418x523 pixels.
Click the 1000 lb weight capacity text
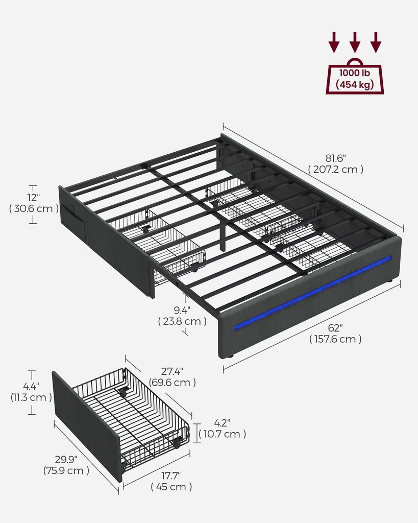[x=355, y=73]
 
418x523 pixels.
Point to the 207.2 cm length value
[x=336, y=170]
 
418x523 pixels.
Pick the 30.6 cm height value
[x=34, y=208]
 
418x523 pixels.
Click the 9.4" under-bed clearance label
[x=182, y=310]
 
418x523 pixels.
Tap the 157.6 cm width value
[x=335, y=339]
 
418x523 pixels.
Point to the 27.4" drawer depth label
[x=172, y=371]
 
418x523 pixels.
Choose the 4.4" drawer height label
[x=31, y=386]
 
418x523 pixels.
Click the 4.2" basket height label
[x=222, y=423]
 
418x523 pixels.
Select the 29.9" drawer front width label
[x=66, y=459]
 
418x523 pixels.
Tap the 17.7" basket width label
[x=171, y=476]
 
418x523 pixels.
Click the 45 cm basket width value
[x=171, y=487]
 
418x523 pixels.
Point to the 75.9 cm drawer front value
[x=66, y=470]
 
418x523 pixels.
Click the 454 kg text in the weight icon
[x=355, y=84]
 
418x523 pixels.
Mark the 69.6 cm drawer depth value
[x=173, y=383]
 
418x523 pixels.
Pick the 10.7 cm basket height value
[x=223, y=434]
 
